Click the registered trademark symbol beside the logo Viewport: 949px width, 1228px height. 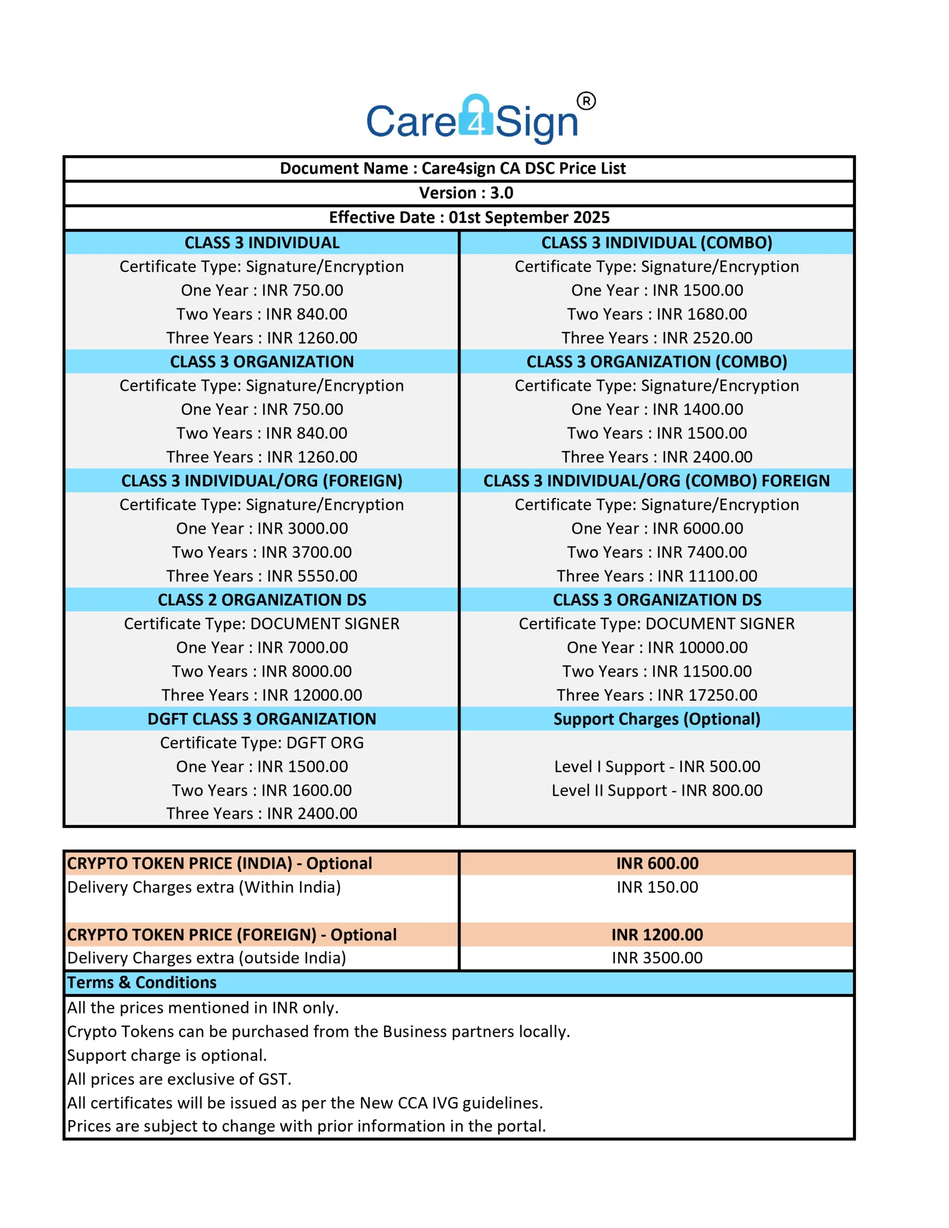(x=586, y=101)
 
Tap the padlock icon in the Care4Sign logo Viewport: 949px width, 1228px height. (x=475, y=117)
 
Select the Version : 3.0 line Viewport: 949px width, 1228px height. (x=466, y=193)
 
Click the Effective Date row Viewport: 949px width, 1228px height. (x=469, y=218)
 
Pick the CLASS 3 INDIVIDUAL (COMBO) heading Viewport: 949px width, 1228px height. (x=656, y=242)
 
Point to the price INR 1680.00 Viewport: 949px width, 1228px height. (x=701, y=314)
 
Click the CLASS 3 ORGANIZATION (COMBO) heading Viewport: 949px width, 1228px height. (x=656, y=362)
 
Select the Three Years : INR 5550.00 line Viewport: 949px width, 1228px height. (x=261, y=576)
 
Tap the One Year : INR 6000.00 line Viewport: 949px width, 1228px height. (x=656, y=529)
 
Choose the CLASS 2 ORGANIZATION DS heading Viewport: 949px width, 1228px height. (x=261, y=600)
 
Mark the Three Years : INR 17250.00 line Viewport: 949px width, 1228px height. (x=656, y=695)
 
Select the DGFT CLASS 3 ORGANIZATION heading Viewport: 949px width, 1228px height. (x=261, y=719)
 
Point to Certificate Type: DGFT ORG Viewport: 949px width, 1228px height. (x=261, y=743)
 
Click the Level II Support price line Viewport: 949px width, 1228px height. (x=656, y=791)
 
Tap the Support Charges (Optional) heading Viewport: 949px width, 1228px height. (x=656, y=719)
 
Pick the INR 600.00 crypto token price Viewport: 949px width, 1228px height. (x=656, y=863)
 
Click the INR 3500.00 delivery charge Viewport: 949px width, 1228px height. (x=656, y=958)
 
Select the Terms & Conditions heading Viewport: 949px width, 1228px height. (x=142, y=983)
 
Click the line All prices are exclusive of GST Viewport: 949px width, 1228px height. (x=179, y=1079)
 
